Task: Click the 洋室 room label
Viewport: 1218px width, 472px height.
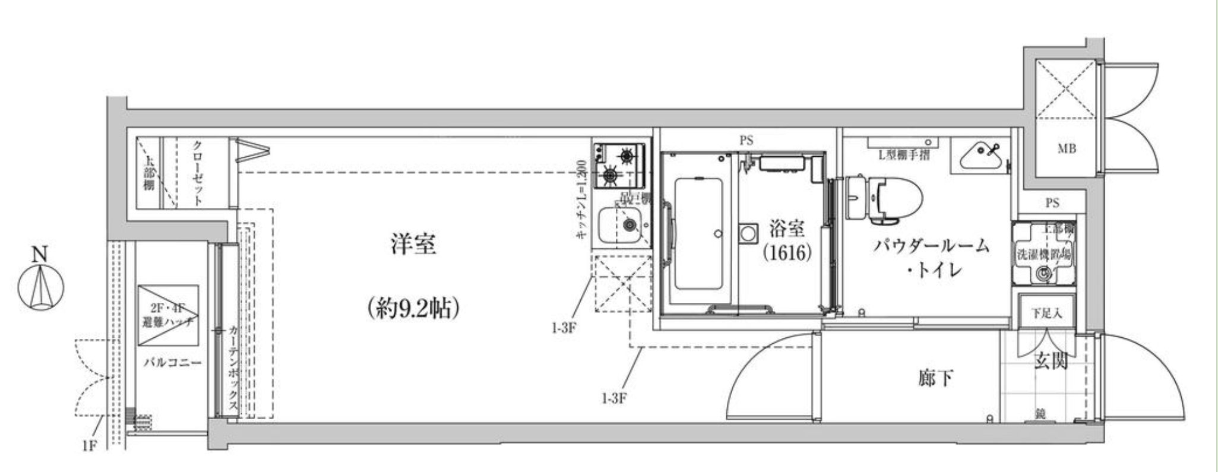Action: tap(414, 245)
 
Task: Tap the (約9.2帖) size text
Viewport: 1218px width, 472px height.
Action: tap(414, 308)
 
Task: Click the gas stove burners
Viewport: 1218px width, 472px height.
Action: tap(619, 165)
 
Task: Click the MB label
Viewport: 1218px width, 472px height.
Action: tap(1067, 148)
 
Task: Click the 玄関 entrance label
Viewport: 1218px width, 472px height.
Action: tap(1052, 361)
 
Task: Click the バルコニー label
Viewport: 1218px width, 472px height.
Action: tap(172, 362)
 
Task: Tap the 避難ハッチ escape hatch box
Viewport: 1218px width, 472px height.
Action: tap(168, 316)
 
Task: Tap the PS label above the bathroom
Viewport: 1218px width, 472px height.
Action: tap(746, 141)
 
